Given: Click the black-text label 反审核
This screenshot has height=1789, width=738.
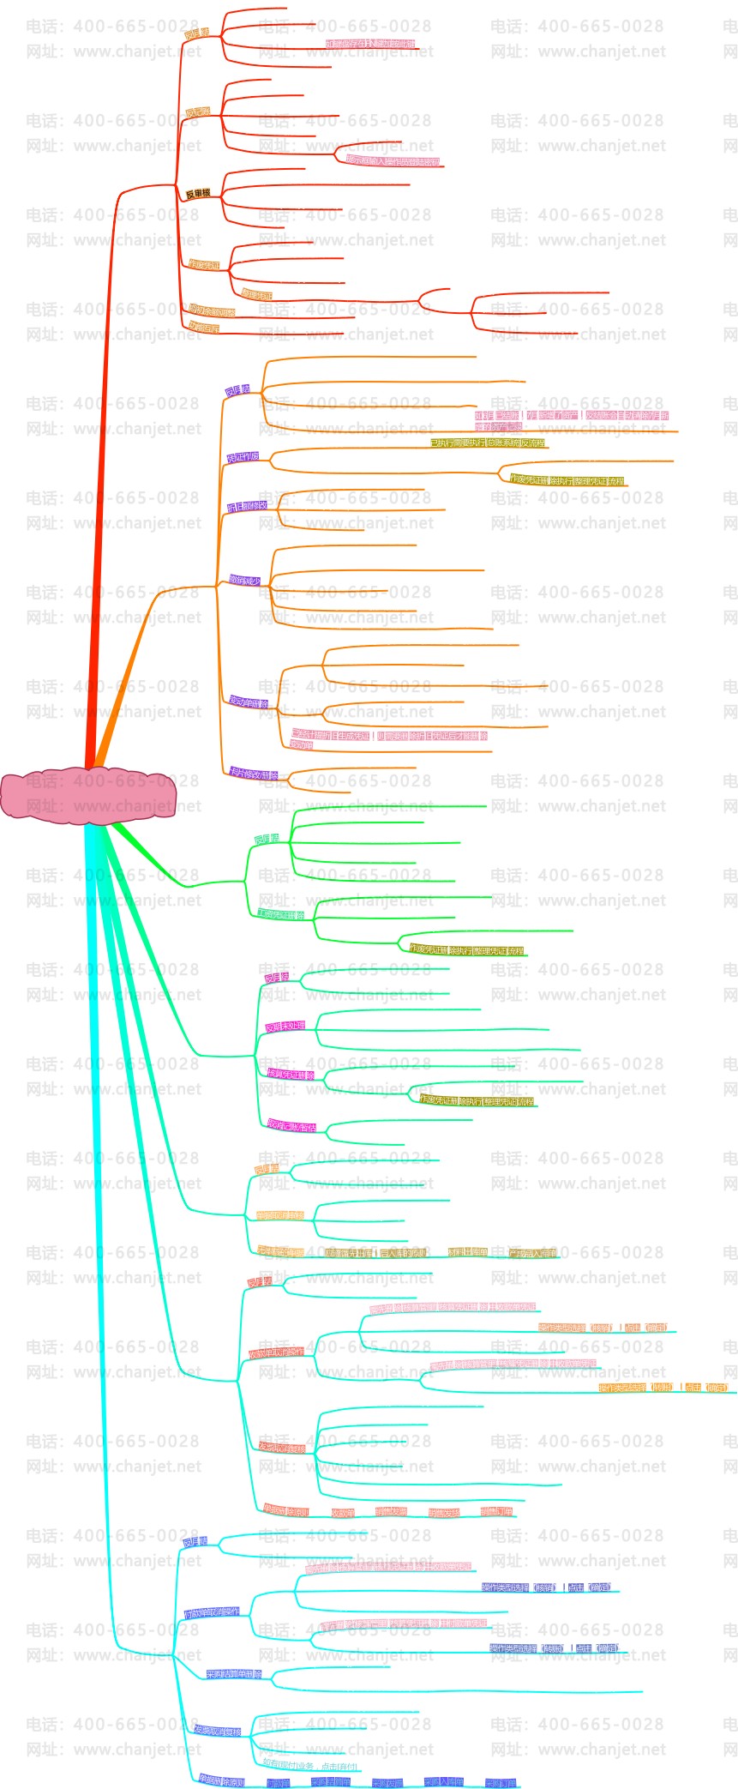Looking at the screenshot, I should [198, 194].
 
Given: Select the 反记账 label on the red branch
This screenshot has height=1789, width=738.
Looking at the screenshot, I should [198, 112].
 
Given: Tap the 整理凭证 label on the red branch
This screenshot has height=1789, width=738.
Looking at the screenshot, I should [257, 295].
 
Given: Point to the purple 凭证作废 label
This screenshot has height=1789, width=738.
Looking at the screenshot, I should [243, 458].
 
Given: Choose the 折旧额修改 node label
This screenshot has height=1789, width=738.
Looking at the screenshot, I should [247, 507].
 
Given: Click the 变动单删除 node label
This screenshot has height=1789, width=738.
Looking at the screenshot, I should [249, 702].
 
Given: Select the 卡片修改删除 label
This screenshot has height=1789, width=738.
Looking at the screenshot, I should [254, 774].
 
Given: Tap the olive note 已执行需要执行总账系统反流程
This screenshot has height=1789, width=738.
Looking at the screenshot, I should [488, 443].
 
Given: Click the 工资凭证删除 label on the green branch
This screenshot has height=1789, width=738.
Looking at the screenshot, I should [281, 914].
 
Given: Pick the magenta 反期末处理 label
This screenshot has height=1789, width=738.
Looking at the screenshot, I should [285, 1027].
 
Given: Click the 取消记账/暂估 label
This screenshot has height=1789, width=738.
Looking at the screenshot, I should [291, 1126].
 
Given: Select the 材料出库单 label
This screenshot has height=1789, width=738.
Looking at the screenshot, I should [467, 1252].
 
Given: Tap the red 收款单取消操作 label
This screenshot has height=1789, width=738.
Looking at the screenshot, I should [276, 1352].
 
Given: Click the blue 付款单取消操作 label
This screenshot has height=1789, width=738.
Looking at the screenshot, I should [217, 1613].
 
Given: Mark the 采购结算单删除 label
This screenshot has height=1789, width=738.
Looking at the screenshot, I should [233, 1674].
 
